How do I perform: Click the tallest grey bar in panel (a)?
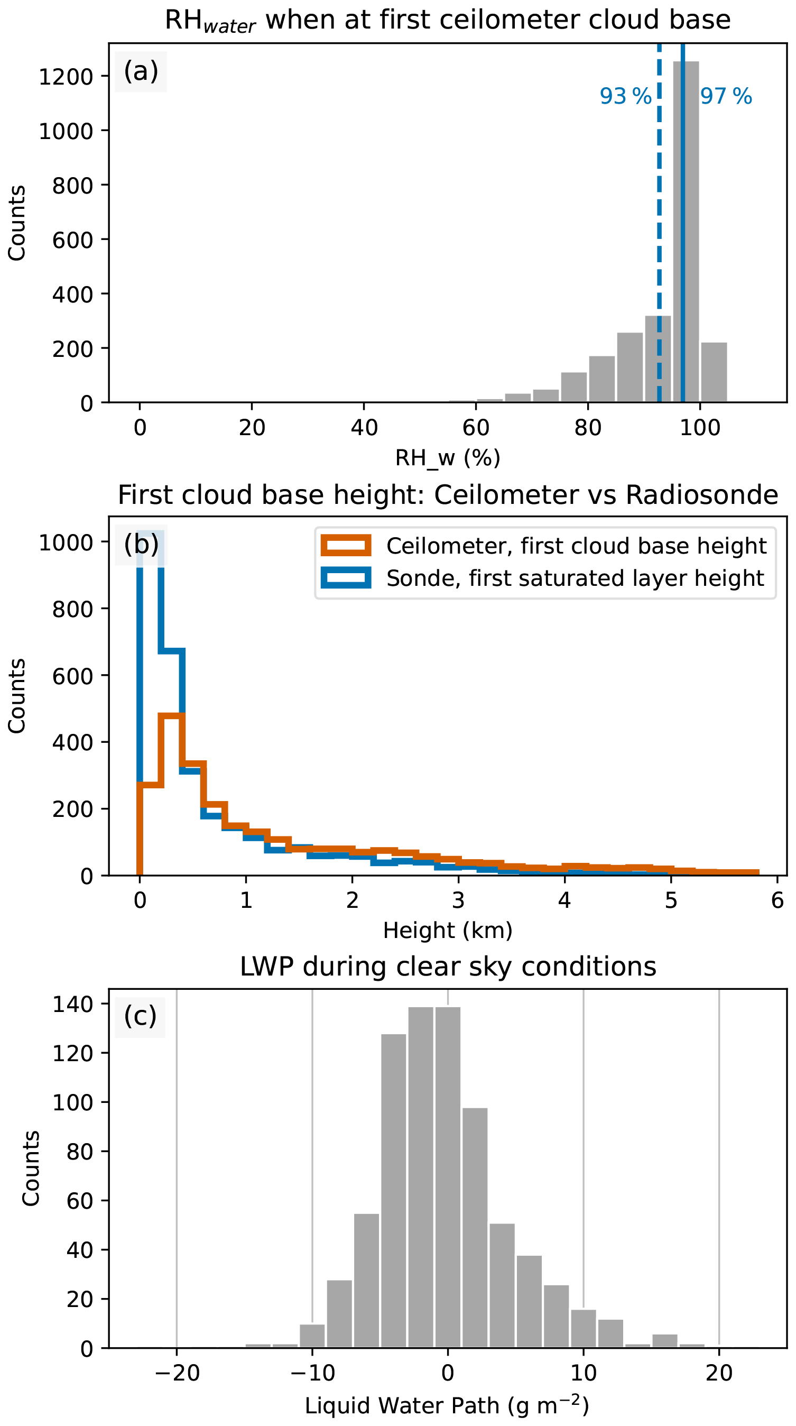coord(686,232)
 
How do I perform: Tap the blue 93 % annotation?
coord(625,96)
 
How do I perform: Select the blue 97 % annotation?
coord(726,96)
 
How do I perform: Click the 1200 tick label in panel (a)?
coord(66,77)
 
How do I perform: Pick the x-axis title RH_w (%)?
coord(447,458)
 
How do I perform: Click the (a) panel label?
coord(141,71)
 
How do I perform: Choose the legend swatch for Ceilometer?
coord(346,545)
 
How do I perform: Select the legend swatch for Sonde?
coord(346,577)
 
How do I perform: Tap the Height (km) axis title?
coord(447,931)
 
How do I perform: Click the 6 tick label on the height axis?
coord(777,900)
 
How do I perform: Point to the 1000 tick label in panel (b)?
coord(66,542)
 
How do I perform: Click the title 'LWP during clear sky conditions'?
coord(448,967)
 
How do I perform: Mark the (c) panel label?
coord(140,1016)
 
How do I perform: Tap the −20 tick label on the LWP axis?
coord(177,1374)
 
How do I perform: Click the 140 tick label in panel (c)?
coord(73,1004)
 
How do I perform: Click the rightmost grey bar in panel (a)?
coord(714,372)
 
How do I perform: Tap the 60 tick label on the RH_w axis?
coord(476,428)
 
